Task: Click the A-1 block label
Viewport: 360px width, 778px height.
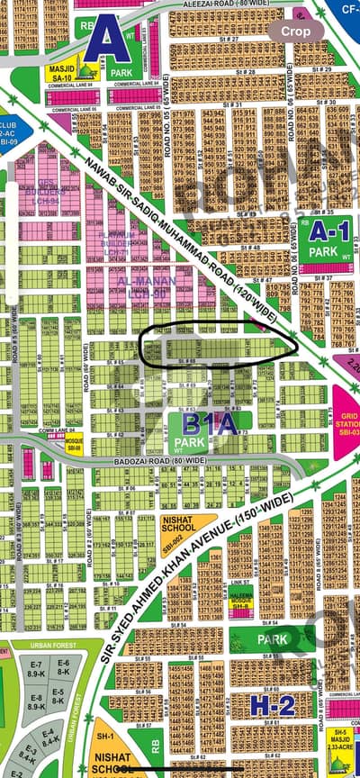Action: [328, 231]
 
